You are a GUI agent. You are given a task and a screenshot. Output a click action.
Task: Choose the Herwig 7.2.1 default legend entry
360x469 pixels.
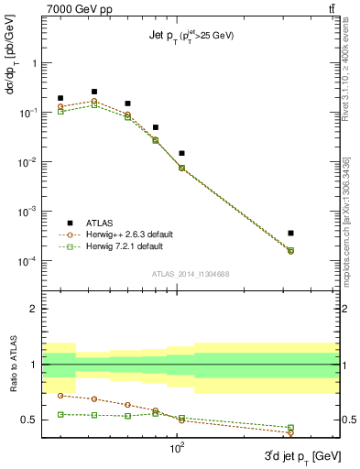tap(122, 246)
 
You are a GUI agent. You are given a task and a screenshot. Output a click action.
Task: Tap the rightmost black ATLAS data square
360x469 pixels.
tap(290, 234)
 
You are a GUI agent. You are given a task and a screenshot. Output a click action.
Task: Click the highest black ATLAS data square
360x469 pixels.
tap(94, 92)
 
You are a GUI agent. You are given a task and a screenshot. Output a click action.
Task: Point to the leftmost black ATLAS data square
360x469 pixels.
tap(60, 98)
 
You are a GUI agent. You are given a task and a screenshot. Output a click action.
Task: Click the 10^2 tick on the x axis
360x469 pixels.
tap(179, 452)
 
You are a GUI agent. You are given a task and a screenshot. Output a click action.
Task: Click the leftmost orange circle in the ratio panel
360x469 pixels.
tap(60, 396)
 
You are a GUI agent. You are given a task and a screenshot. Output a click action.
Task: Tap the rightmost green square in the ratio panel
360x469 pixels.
tap(290, 428)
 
